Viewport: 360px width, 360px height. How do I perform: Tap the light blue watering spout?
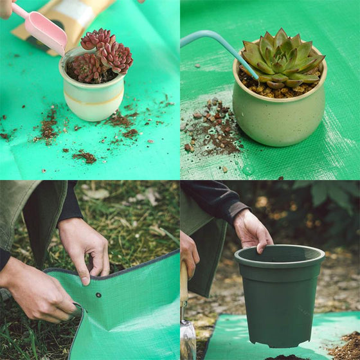219,45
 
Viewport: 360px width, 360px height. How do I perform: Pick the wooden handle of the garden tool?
184,283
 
